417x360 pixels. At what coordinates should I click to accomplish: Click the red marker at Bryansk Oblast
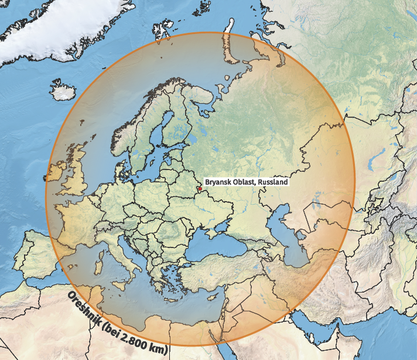coord(199,189)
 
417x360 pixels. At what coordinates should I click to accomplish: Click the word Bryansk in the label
coord(217,183)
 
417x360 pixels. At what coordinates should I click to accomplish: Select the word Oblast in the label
coord(243,183)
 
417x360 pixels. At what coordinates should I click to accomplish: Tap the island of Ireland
coord(59,174)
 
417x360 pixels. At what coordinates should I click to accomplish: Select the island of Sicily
coord(124,276)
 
